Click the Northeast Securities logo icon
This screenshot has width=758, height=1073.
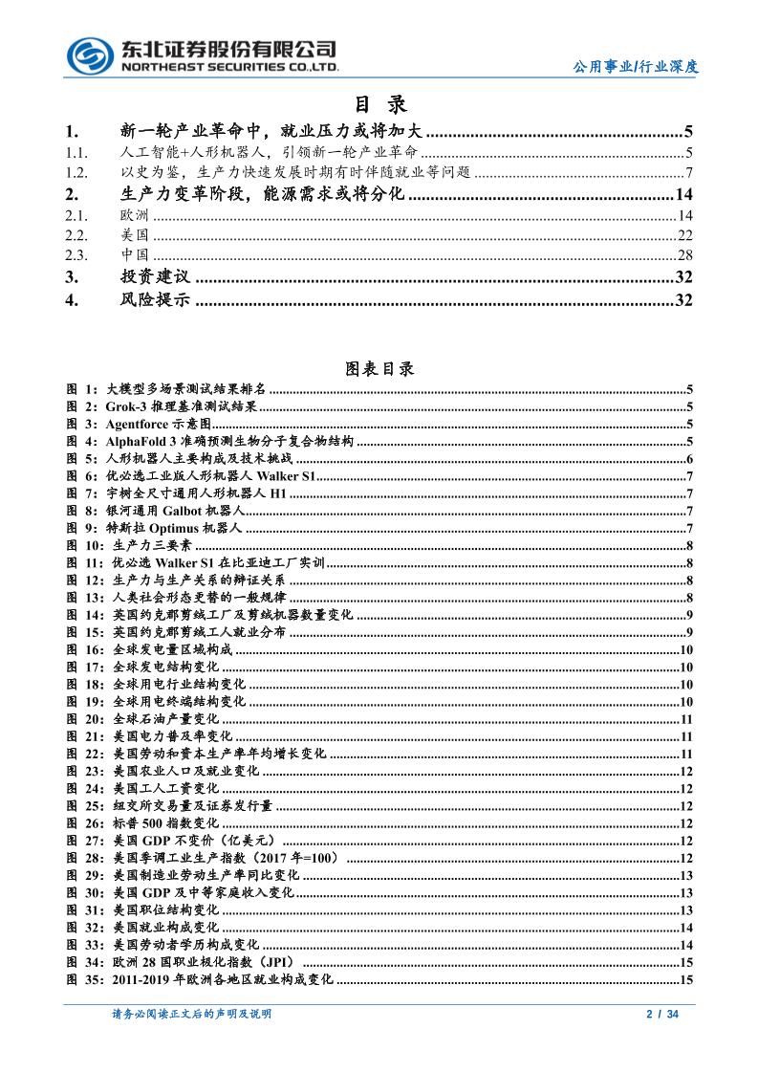coord(90,55)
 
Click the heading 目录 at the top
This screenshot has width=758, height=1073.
coord(379,104)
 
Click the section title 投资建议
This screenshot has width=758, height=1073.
coord(155,277)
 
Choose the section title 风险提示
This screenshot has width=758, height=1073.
coord(155,301)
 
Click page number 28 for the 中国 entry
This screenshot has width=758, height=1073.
coord(684,255)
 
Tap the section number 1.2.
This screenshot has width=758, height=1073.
coord(77,173)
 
